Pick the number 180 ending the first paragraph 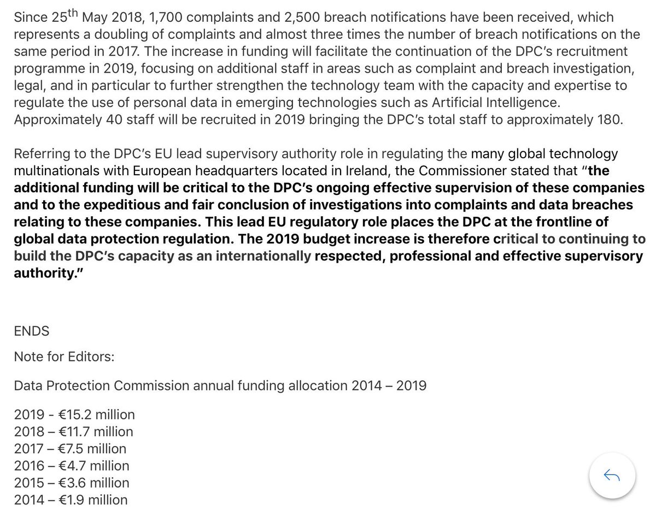(x=610, y=120)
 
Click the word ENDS (x=32, y=330)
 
